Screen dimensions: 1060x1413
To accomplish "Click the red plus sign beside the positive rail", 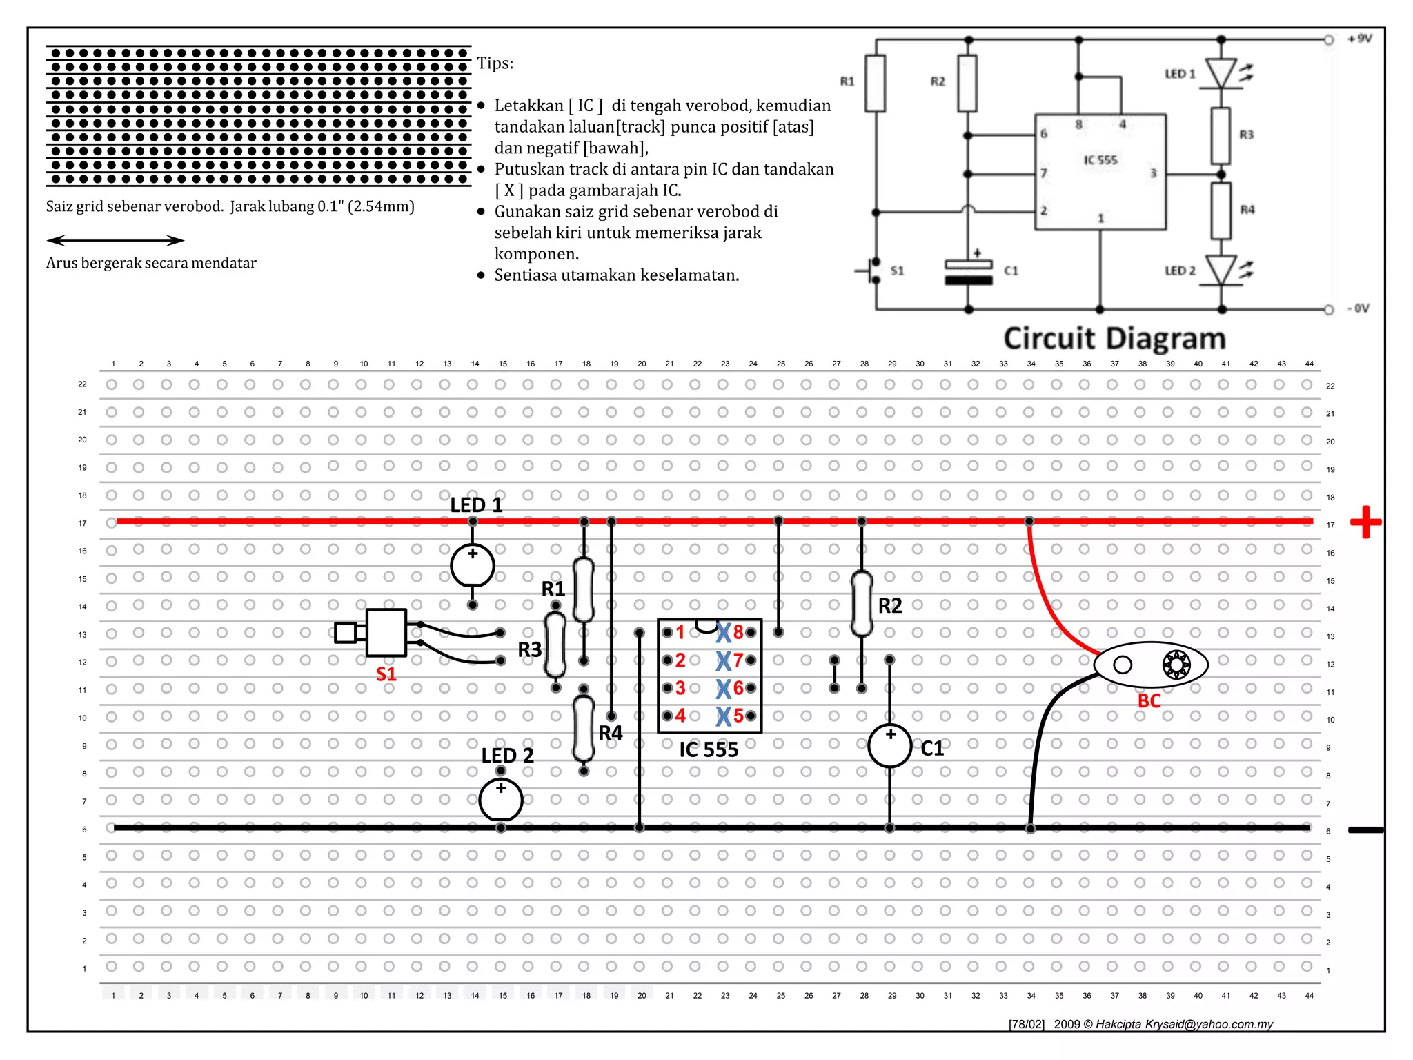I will tap(1365, 522).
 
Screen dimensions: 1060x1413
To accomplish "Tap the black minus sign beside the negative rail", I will tap(1365, 830).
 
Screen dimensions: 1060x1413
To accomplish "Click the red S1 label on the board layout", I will tap(386, 674).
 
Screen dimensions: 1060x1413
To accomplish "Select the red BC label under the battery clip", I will tap(1149, 701).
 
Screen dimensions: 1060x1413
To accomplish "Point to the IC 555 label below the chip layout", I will tap(709, 749).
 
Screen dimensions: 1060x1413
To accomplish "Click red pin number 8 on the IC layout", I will tap(738, 632).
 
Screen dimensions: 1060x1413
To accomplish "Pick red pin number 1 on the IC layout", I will tap(680, 632).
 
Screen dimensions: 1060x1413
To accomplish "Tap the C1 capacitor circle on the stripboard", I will tap(889, 745).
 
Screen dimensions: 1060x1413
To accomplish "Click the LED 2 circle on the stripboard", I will tap(501, 798).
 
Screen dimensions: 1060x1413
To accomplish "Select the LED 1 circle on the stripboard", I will tap(473, 565).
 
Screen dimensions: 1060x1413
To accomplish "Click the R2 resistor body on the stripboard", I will tap(862, 603).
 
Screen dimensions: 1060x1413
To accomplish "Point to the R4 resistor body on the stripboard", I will tap(584, 729).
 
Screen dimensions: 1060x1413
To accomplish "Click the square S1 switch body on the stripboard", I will tap(386, 632).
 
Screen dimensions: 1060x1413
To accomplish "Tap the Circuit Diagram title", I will tap(1114, 339).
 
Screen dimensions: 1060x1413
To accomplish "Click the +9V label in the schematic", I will tap(1359, 39).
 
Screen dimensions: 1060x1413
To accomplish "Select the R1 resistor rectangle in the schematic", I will tap(875, 83).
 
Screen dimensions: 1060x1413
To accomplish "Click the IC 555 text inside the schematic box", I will tap(1100, 160).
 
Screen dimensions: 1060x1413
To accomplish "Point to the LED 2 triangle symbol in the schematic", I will tap(1221, 270).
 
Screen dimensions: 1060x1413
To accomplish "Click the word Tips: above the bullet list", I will tap(495, 63).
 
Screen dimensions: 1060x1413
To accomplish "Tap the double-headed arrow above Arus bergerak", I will tap(115, 240).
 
